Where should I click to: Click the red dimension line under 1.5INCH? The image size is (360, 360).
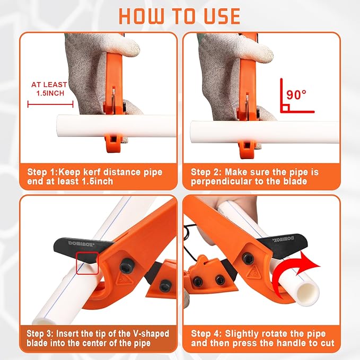pyautogui.click(x=50, y=104)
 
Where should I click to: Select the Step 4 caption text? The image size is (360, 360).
pyautogui.click(x=262, y=338)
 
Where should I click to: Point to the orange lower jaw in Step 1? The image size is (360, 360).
pyautogui.click(x=113, y=143)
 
